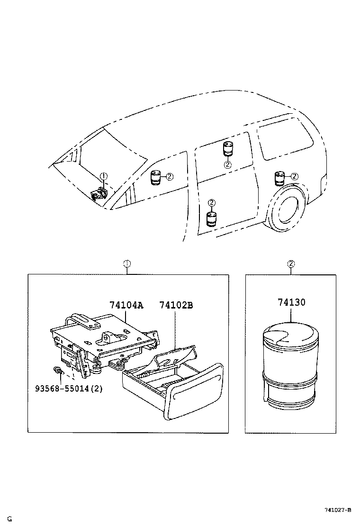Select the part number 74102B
tap(176, 305)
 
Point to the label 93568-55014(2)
tap(68, 388)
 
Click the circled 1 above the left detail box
tap(126, 263)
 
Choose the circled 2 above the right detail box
tap(291, 263)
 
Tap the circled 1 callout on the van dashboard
tap(104, 177)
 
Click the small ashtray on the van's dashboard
tap(99, 193)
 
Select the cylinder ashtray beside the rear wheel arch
tap(279, 179)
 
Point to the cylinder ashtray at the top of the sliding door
tap(228, 148)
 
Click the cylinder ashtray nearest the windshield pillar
tap(155, 178)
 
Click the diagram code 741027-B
tap(337, 510)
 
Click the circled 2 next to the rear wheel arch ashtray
tap(294, 176)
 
